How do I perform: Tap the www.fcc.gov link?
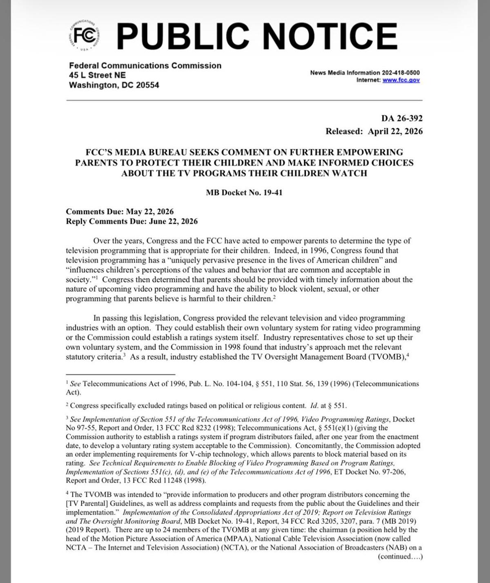click(401, 80)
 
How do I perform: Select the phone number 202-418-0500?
click(401, 73)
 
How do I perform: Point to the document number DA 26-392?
click(402, 118)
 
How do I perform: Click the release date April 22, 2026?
click(395, 132)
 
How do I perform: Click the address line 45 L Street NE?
click(97, 75)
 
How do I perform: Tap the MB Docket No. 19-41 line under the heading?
click(244, 192)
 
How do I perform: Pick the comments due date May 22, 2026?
click(149, 212)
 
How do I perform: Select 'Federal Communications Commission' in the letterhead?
click(145, 65)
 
